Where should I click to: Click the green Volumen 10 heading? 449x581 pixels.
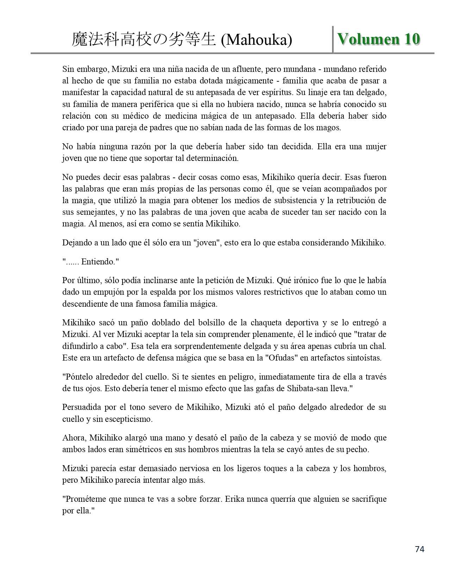click(x=379, y=39)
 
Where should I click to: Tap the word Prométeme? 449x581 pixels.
click(x=85, y=499)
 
